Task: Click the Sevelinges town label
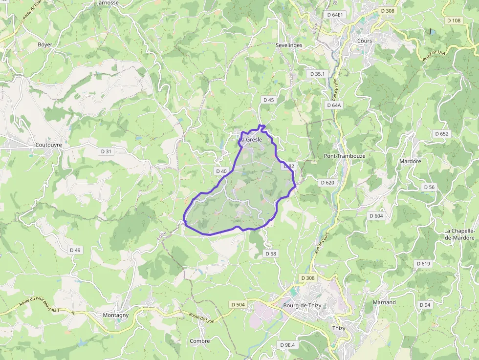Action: pos(289,45)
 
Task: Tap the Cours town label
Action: pos(365,41)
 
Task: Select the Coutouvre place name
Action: pos(49,145)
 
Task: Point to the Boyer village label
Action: pos(45,44)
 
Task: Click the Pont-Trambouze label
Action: pos(345,156)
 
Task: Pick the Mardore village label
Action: pos(410,161)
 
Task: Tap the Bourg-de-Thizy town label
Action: pos(301,306)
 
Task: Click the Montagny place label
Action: pos(116,315)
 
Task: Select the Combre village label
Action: pos(200,341)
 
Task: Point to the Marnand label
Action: pos(384,302)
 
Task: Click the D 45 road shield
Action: pos(269,100)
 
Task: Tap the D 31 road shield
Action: pos(106,151)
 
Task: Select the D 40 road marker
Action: pos(221,171)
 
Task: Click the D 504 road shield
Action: pos(237,304)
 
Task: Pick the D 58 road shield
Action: pos(270,254)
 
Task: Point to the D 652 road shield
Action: pos(441,134)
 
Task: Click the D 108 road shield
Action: pos(454,21)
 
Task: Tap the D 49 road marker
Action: pos(75,250)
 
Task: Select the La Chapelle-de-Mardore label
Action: pos(460,234)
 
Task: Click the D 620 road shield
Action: pos(327,183)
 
